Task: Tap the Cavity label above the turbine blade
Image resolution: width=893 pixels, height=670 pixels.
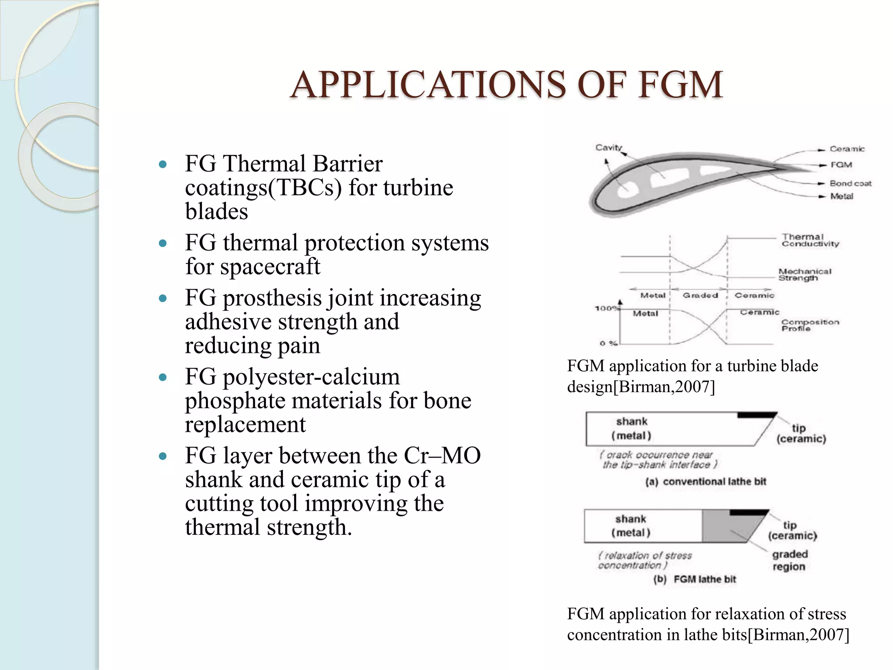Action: (x=608, y=147)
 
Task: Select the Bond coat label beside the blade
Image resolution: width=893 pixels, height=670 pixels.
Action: (x=850, y=183)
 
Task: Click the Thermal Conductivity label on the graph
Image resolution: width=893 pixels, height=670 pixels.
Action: (x=809, y=240)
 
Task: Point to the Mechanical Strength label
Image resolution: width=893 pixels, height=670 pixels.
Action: (x=804, y=274)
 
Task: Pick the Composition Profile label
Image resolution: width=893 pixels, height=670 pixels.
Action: (x=809, y=325)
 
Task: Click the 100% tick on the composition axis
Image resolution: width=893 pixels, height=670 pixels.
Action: (x=606, y=308)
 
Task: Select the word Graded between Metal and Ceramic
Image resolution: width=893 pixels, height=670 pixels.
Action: (x=700, y=295)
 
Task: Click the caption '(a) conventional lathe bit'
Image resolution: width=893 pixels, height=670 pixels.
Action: (x=706, y=482)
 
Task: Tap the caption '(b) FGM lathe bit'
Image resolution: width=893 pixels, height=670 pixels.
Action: (x=694, y=579)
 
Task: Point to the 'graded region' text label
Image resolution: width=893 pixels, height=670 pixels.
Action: (x=789, y=560)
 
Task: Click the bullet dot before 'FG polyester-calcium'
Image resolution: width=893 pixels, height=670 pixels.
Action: (x=163, y=377)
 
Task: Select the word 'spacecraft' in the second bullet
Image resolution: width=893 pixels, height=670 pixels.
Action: (x=270, y=267)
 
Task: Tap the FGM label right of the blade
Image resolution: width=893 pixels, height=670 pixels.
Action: (x=841, y=165)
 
